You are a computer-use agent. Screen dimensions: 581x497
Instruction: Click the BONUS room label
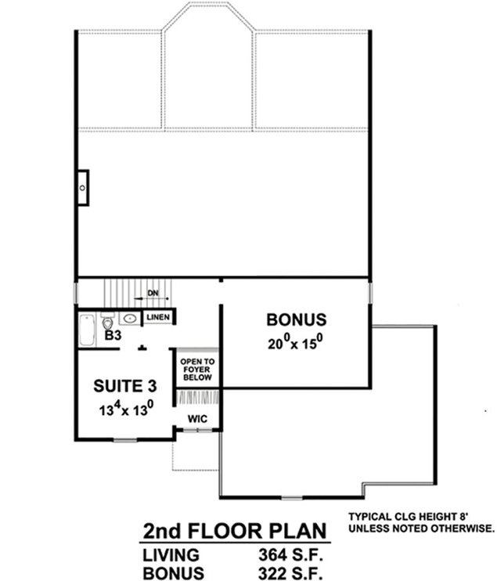(x=296, y=319)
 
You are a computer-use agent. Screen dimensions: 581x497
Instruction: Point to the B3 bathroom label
(x=113, y=335)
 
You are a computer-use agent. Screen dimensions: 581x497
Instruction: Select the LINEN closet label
(x=157, y=317)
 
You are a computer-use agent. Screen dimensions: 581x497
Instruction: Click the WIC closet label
(x=196, y=419)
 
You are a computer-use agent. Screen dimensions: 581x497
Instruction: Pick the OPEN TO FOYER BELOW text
(x=196, y=370)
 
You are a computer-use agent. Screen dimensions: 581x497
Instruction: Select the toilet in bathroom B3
(x=107, y=319)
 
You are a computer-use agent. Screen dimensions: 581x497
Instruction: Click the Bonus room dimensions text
(x=296, y=342)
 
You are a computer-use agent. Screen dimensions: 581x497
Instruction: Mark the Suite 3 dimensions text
(x=124, y=408)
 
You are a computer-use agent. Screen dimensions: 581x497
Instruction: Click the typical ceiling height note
(x=422, y=523)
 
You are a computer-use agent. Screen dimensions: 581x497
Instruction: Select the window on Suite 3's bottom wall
(x=125, y=440)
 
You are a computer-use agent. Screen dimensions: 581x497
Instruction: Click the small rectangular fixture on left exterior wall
(x=82, y=188)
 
